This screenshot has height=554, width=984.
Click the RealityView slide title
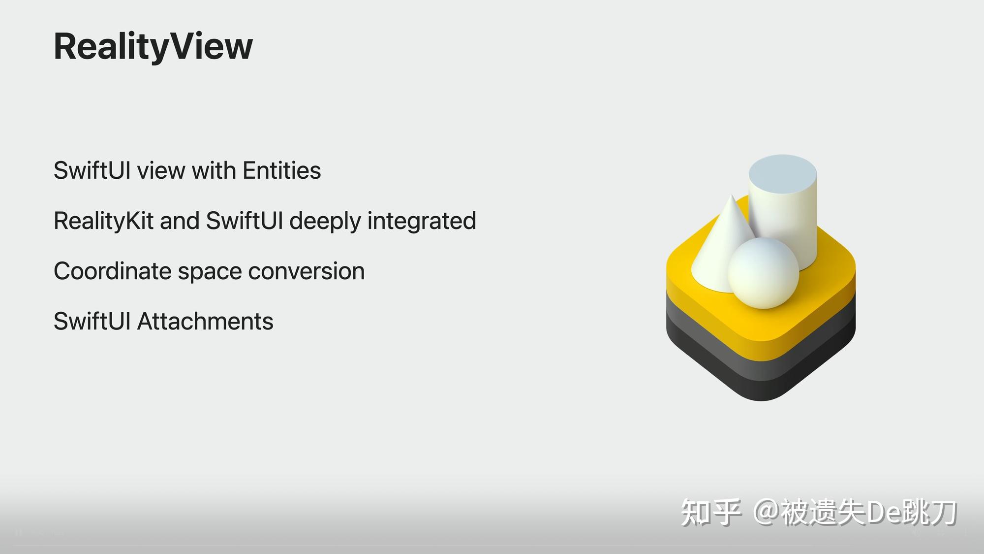pos(153,46)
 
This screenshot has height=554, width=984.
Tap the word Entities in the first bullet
pos(281,170)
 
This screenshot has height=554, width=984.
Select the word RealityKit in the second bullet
pos(103,221)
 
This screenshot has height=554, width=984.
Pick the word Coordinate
pos(112,271)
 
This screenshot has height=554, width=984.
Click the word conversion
pos(306,271)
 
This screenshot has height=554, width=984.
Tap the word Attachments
pos(205,321)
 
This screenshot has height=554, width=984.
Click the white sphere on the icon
pos(763,273)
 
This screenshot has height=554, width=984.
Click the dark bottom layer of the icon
pos(760,387)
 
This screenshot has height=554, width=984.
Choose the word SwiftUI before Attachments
pos(92,321)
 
